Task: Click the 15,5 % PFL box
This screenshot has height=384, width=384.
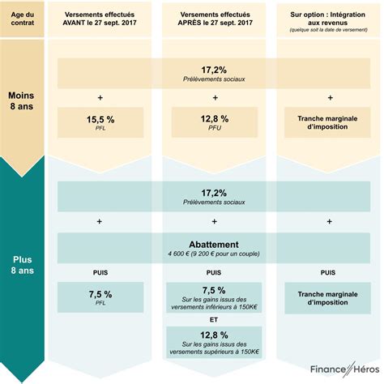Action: coord(100,122)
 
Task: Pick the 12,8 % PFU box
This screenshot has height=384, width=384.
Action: coord(214,122)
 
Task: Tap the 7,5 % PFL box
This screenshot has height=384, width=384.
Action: coord(100,297)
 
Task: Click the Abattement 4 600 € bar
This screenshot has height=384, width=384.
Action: coord(214,247)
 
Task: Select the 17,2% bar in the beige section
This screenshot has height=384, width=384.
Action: coord(214,74)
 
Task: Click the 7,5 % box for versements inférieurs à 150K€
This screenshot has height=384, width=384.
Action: coord(214,297)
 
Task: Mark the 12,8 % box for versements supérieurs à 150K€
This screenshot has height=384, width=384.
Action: coord(214,341)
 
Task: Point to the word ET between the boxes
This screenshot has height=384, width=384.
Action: coord(214,319)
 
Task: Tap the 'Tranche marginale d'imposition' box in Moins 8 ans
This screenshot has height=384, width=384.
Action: coord(329,122)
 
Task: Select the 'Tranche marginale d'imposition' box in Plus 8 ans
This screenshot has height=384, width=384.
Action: coord(329,297)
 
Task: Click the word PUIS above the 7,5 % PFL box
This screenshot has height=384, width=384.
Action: coord(100,272)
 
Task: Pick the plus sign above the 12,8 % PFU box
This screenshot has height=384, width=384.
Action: coord(214,97)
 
